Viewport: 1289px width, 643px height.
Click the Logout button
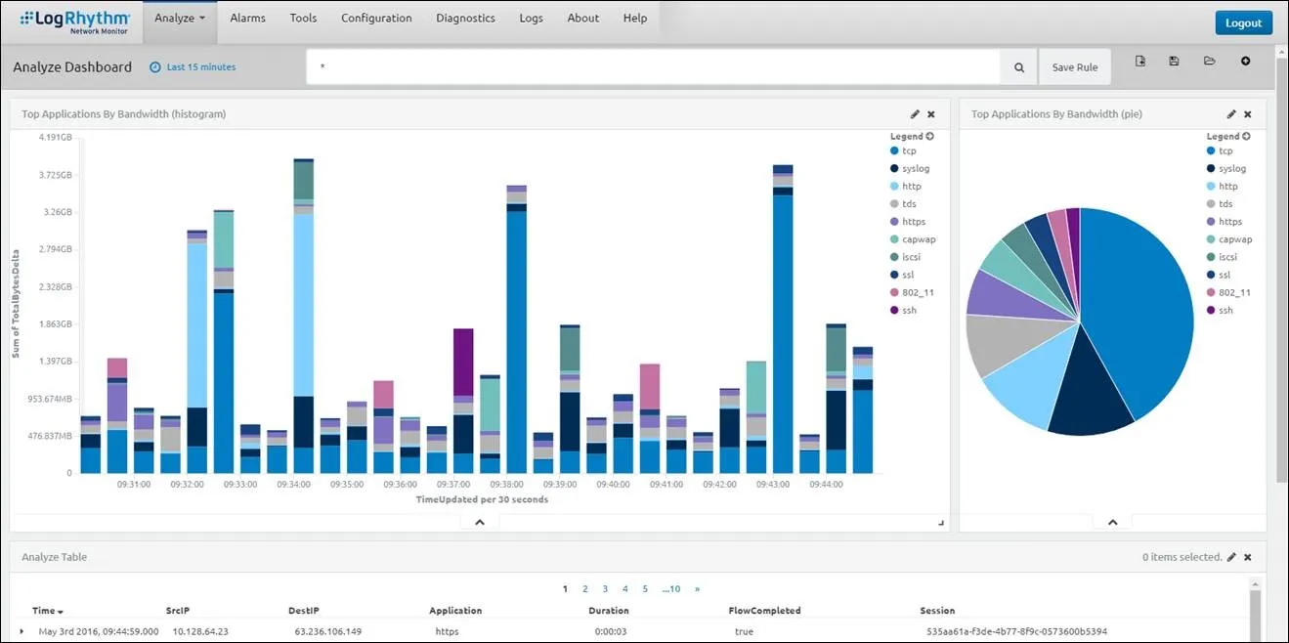tap(1243, 23)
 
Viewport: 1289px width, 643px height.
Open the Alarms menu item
tap(247, 19)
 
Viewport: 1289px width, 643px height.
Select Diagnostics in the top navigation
tap(465, 19)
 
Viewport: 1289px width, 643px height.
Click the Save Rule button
tap(1074, 67)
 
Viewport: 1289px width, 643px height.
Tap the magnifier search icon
tap(1018, 67)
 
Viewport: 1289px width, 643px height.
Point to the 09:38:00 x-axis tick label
tap(506, 485)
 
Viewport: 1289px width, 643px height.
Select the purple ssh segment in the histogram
tap(463, 362)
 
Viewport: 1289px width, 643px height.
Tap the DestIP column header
tap(303, 611)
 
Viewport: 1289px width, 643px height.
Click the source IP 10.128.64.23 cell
tap(200, 631)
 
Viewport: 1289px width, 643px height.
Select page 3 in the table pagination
tap(605, 589)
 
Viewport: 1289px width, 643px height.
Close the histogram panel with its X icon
tap(931, 114)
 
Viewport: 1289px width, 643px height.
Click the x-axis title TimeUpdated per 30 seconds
tap(482, 499)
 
